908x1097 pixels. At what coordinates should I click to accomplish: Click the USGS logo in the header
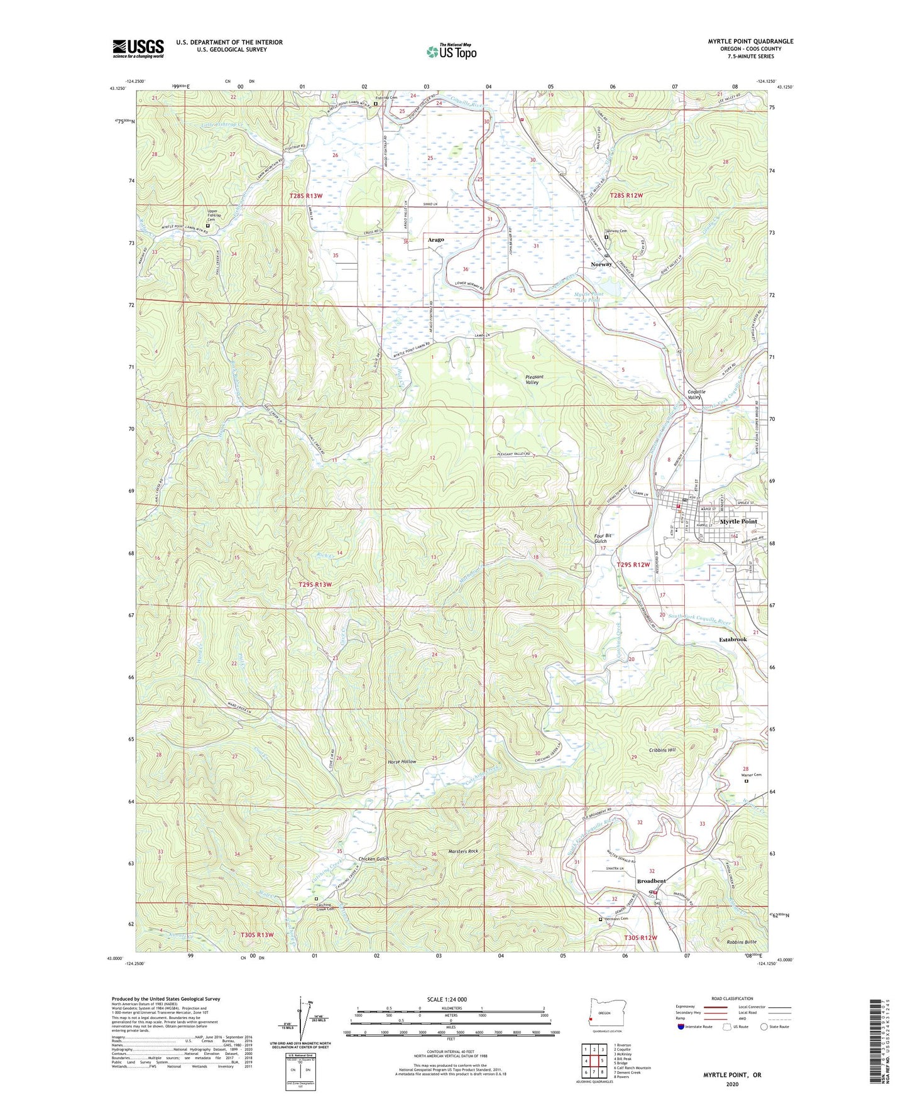pos(138,48)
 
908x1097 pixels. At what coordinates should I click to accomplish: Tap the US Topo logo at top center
pos(451,52)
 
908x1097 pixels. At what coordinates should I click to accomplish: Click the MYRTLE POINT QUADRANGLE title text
pos(750,41)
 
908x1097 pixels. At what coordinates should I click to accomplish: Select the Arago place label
pos(435,240)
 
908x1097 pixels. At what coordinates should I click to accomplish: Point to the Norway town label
pos(601,265)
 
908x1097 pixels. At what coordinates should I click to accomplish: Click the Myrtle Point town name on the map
pos(738,521)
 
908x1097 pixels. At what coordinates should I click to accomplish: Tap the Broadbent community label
pos(651,881)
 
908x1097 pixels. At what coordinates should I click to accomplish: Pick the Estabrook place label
pos(732,640)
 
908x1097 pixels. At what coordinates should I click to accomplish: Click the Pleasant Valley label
pos(532,379)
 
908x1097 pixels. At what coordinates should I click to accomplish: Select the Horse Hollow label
pos(402,761)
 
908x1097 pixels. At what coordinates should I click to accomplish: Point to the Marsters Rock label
pos(464,851)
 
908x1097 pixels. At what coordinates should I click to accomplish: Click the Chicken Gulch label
pos(374,859)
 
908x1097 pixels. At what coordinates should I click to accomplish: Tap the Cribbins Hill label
pos(662,750)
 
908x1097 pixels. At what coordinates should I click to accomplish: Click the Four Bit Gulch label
pos(603,538)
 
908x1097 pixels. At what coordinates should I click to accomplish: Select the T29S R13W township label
pos(314,584)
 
